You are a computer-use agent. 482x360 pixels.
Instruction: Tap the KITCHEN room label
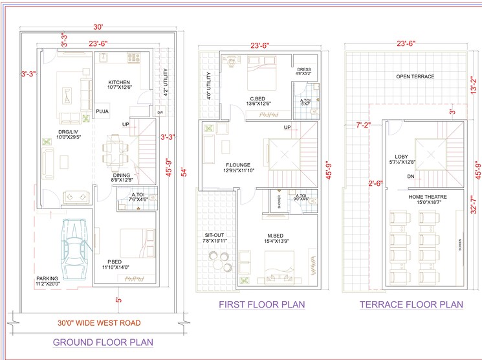pos(119,83)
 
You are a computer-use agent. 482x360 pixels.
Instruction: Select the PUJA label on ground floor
pos(102,111)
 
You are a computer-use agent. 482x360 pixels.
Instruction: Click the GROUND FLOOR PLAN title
pos(103,342)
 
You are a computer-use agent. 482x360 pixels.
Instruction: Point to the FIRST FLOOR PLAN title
pos(261,304)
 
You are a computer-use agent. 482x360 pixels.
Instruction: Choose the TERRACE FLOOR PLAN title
pos(411,304)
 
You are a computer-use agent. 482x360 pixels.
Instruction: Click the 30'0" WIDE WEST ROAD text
pos(99,322)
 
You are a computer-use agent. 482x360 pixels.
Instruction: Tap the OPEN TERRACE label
pos(415,76)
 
